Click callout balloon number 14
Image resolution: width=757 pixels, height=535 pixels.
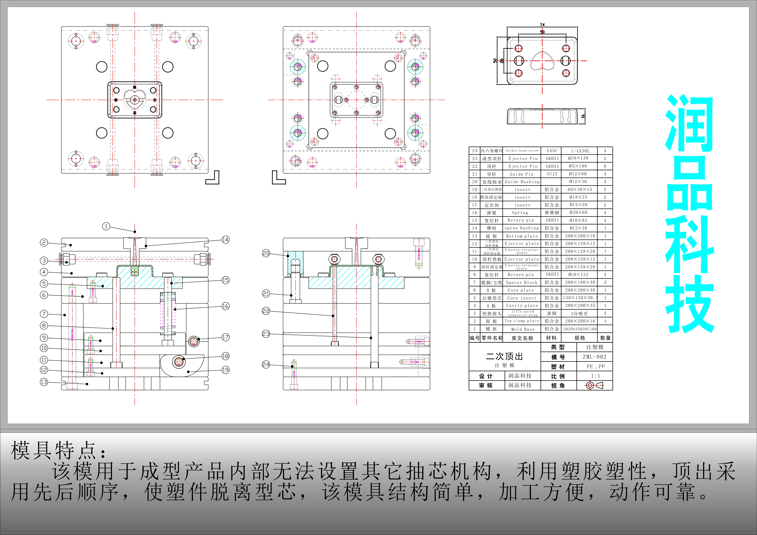coord(226,239)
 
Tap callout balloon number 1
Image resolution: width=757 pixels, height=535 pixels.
coord(106,226)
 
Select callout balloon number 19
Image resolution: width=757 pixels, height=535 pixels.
coord(226,370)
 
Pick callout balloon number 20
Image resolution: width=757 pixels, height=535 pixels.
coord(266,253)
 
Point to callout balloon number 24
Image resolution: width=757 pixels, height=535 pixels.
coord(266,364)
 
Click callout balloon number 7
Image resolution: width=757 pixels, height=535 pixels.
coord(44,314)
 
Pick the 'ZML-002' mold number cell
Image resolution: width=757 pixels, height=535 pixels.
coord(594,357)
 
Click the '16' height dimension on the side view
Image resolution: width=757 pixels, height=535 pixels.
coord(583,116)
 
